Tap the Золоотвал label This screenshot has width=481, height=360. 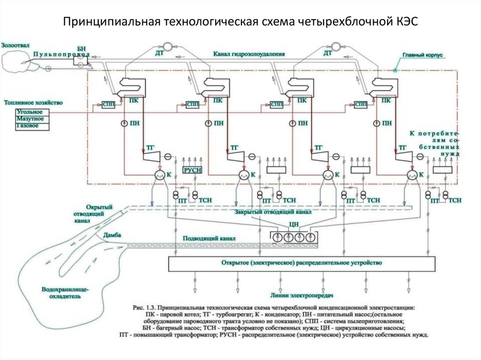(16, 46)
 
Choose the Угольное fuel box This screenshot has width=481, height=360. (29, 112)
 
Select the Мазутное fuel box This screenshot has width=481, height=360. (29, 119)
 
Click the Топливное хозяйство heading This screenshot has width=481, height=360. (33, 102)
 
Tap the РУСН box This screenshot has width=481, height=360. (192, 170)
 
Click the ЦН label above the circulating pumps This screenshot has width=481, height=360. (295, 223)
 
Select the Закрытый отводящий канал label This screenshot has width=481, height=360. (272, 212)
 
